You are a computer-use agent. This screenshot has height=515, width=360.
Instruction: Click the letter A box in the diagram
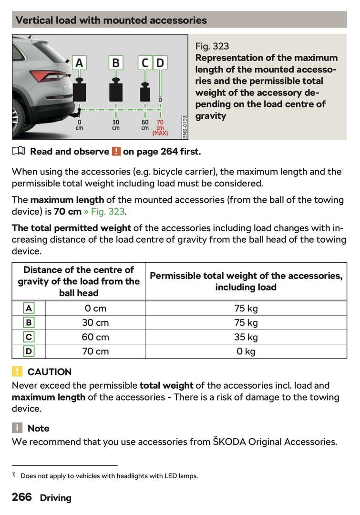(79, 63)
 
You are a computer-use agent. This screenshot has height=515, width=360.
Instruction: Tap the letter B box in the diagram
(116, 63)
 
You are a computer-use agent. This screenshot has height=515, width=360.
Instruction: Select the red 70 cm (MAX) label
(160, 128)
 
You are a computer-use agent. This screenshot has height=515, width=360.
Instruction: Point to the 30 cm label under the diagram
(116, 125)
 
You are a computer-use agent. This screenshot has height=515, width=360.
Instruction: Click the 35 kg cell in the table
(246, 337)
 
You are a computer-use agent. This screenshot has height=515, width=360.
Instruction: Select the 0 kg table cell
(246, 351)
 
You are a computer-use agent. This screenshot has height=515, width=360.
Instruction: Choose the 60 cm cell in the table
(95, 337)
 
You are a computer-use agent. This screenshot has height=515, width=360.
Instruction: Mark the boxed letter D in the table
(29, 351)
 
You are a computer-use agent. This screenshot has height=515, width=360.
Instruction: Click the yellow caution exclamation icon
(18, 371)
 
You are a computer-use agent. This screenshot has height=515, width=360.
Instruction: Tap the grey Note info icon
(18, 428)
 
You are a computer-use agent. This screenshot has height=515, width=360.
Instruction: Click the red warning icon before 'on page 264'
(116, 152)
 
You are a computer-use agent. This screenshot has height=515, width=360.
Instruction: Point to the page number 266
(22, 497)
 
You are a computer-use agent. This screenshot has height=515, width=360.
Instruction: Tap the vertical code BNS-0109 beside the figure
(185, 126)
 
